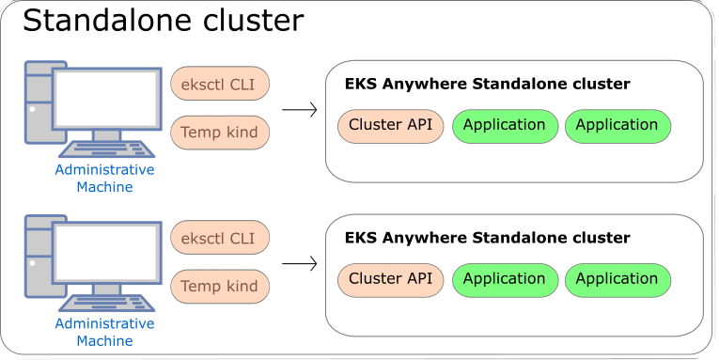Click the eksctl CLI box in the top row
(x=219, y=84)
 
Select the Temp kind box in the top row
(x=219, y=133)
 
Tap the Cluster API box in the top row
(x=390, y=126)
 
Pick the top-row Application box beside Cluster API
(x=504, y=126)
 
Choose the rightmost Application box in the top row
(x=617, y=126)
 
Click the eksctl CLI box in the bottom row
(x=219, y=238)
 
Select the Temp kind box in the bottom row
(x=219, y=287)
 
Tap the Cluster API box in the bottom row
(x=390, y=280)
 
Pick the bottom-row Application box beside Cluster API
(x=504, y=280)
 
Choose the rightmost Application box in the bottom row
(x=617, y=280)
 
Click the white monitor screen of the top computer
(x=106, y=99)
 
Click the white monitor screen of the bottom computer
(x=106, y=253)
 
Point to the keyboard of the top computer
(x=106, y=149)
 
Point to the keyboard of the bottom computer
(x=106, y=303)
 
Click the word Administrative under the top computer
(x=104, y=170)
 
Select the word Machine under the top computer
(x=104, y=187)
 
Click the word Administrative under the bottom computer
(x=104, y=324)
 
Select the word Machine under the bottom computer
(x=104, y=341)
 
